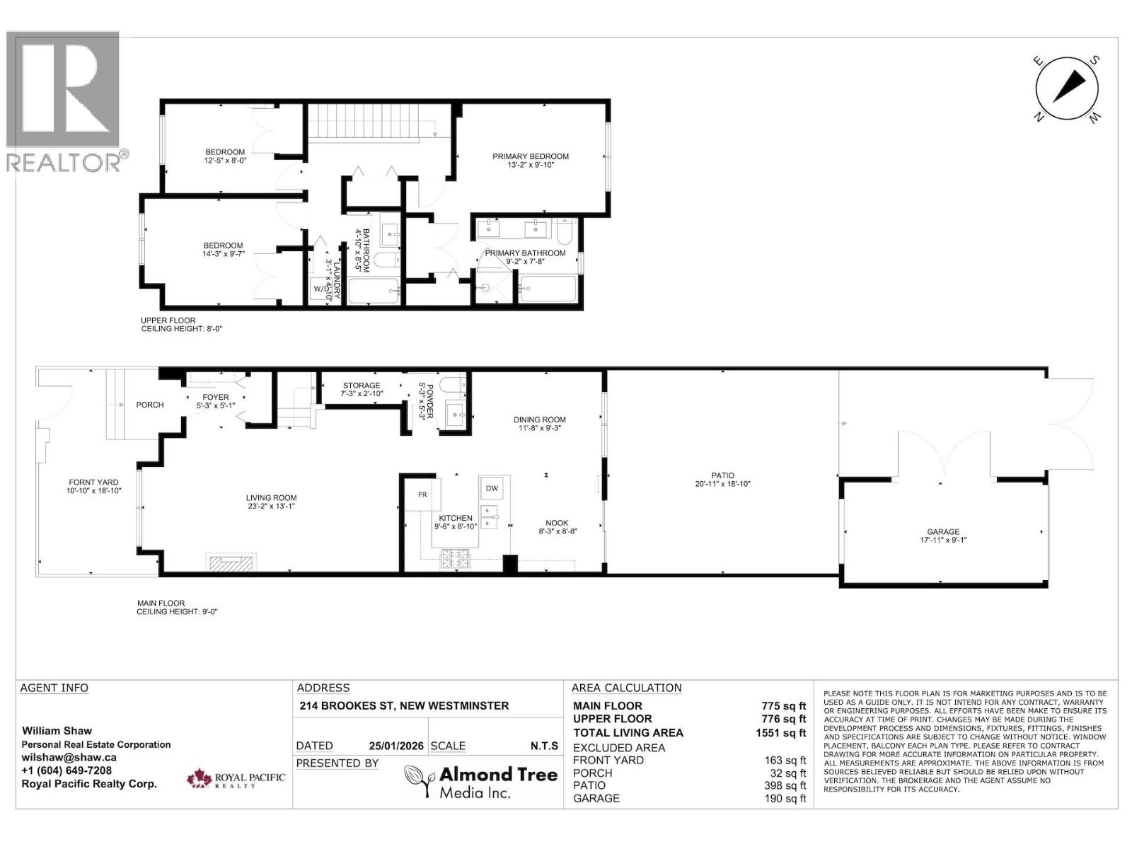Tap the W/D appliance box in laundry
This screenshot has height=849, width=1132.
(320, 289)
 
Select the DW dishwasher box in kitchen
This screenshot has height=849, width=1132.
(492, 488)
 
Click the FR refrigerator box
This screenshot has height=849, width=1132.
(422, 495)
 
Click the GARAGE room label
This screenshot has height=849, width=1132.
(943, 531)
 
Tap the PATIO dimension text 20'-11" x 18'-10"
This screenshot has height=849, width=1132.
(722, 485)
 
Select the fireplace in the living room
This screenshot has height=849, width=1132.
(231, 562)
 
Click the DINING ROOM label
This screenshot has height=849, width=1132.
(539, 420)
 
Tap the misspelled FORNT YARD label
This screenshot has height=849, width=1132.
(93, 482)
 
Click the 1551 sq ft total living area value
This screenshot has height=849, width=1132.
(780, 733)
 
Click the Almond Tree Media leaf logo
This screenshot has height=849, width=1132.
(420, 781)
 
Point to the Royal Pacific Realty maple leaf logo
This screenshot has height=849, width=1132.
(200, 780)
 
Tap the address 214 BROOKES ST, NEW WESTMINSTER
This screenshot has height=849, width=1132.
(404, 705)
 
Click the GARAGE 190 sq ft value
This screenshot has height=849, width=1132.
(785, 798)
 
